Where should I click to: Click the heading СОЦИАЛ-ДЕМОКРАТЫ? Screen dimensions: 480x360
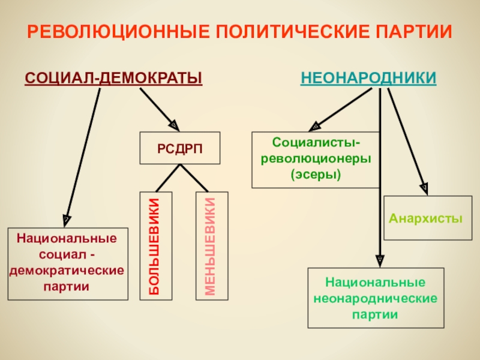(113, 79)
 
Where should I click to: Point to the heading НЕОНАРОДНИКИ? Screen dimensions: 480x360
(368, 79)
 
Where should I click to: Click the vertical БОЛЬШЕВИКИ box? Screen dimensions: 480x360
(155, 245)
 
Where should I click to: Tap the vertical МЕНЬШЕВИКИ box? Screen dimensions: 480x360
(211, 245)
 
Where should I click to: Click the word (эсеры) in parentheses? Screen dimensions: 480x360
(316, 175)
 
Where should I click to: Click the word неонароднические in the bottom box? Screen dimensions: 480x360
(376, 298)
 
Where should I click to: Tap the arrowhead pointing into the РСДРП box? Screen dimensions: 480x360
(172, 125)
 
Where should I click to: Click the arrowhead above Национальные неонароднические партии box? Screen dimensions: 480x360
(380, 259)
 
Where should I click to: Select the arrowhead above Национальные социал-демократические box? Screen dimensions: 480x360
(67, 219)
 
